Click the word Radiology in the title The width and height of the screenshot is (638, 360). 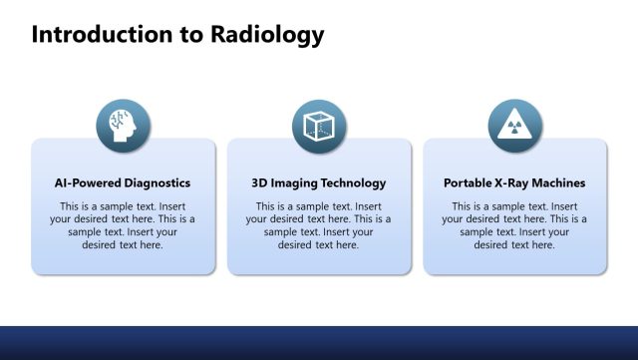(x=266, y=35)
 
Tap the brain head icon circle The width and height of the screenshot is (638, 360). (x=123, y=127)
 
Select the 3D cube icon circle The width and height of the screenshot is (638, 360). (x=319, y=127)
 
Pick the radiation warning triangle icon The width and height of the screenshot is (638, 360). (x=514, y=127)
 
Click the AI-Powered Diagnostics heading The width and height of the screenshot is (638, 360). (x=123, y=183)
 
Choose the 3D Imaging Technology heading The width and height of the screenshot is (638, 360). (x=319, y=183)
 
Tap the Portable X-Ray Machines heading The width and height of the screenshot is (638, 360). (x=514, y=183)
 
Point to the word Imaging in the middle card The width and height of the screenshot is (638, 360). (x=295, y=183)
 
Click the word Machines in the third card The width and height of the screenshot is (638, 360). (x=558, y=183)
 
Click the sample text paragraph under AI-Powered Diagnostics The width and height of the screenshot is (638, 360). (x=123, y=225)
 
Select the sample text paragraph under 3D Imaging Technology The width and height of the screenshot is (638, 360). (x=319, y=225)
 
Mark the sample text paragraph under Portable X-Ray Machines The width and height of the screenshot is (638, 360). (x=514, y=225)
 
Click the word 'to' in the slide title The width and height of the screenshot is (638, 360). (x=192, y=35)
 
